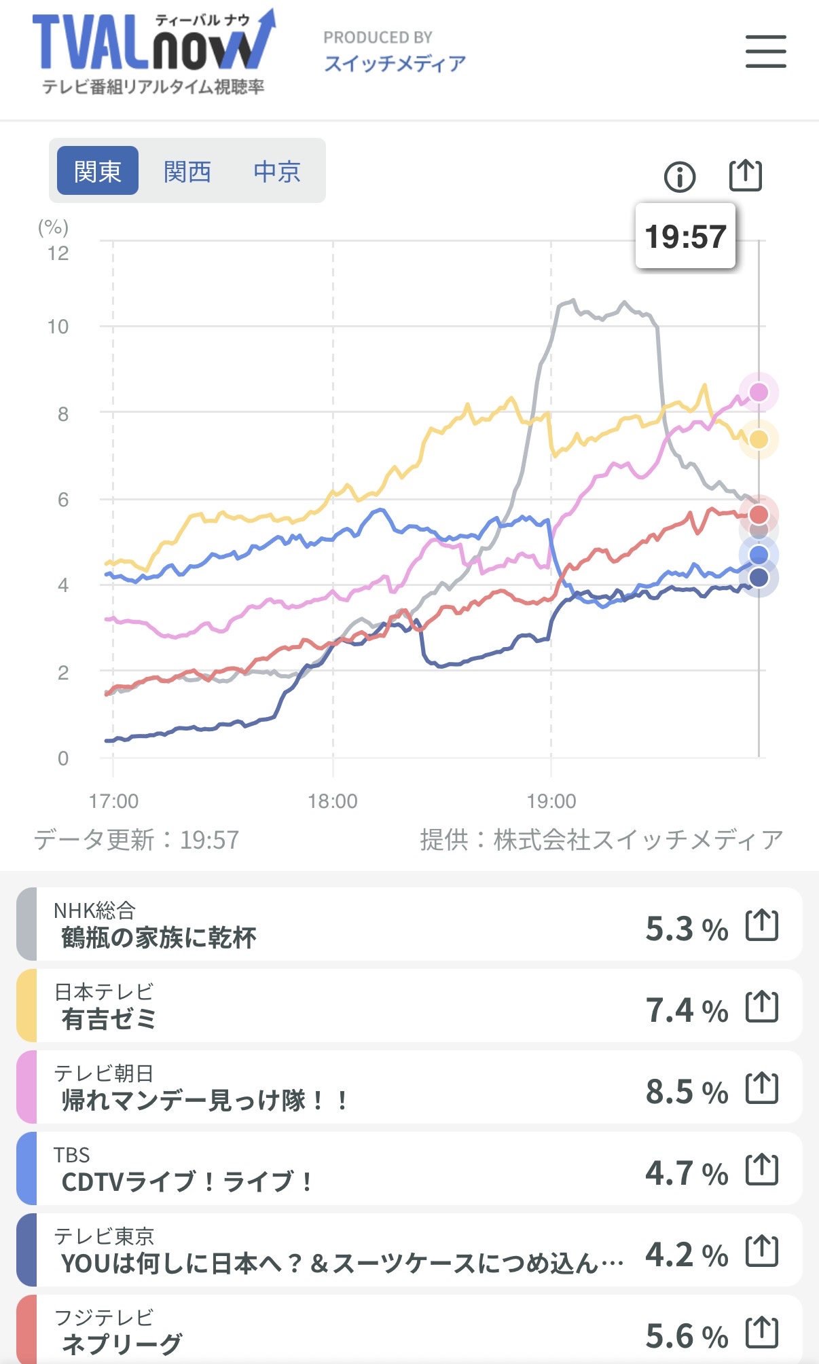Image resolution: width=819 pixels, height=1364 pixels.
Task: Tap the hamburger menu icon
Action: [765, 52]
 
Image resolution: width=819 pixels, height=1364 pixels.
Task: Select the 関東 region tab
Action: [98, 171]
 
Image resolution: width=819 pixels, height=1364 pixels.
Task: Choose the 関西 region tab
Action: [187, 171]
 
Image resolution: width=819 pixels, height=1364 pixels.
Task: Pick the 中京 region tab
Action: [277, 171]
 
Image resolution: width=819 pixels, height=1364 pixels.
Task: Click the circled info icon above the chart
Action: [679, 177]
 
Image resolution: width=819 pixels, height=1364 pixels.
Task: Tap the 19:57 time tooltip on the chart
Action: [685, 236]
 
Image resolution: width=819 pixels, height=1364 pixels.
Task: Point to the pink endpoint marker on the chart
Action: [759, 392]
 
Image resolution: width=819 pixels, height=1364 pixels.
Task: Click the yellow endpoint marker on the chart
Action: [759, 439]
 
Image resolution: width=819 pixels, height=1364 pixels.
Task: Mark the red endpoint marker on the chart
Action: [759, 514]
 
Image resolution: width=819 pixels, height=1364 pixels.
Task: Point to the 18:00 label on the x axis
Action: [333, 801]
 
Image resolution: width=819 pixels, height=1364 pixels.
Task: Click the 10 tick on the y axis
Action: [58, 327]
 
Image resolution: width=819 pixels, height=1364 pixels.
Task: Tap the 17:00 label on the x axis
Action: [113, 801]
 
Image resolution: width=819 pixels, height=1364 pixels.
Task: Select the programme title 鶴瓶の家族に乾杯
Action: [159, 938]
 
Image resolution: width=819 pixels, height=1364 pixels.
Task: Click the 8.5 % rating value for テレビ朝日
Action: [686, 1092]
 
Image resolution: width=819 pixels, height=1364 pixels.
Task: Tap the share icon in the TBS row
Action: [762, 1169]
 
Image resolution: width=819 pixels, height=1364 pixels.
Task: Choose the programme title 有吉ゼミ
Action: [109, 1019]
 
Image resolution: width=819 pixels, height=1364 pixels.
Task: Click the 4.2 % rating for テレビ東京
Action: [686, 1255]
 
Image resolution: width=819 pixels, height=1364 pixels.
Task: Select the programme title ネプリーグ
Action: [122, 1343]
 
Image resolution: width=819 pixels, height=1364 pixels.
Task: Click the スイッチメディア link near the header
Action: [395, 63]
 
